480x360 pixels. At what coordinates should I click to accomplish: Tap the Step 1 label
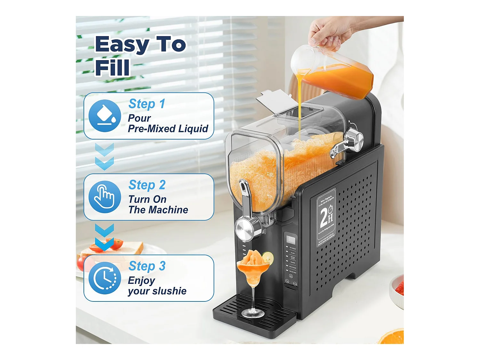click(147, 104)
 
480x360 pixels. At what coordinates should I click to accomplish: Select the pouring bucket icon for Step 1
click(105, 116)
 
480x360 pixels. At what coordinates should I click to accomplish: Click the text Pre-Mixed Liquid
click(168, 129)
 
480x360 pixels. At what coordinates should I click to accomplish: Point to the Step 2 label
click(147, 185)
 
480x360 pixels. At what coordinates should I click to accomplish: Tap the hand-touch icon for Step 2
click(105, 196)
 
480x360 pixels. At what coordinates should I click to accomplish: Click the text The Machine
click(158, 210)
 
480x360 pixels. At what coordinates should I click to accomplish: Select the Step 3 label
click(147, 266)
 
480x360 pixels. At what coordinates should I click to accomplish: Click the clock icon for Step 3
click(105, 278)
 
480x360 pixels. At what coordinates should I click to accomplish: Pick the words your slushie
click(157, 291)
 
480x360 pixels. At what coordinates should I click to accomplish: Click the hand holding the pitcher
click(330, 32)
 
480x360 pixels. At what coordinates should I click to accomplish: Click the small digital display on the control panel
click(291, 239)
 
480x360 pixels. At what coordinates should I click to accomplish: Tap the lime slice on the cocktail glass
click(268, 257)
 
